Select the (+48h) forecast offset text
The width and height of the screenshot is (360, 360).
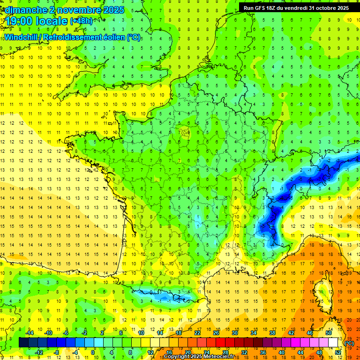(x=81, y=21)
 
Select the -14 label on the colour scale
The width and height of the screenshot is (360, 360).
(x=30, y=333)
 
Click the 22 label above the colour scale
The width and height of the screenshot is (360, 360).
(x=197, y=333)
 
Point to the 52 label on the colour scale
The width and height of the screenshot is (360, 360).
(x=338, y=352)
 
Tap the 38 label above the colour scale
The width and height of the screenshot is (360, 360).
(x=272, y=333)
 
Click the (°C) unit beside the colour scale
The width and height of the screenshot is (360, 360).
(x=349, y=343)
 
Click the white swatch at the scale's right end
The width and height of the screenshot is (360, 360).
(x=333, y=343)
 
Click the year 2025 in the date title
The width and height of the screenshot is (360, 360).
(x=113, y=10)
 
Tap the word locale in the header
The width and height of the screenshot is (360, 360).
(x=54, y=21)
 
